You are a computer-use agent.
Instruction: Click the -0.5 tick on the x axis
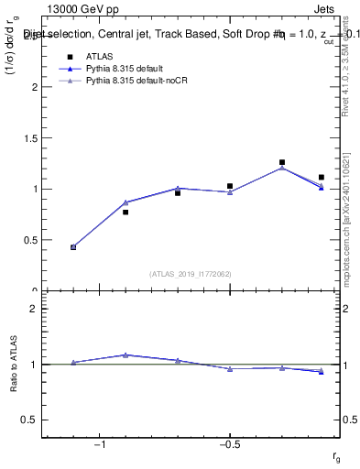(x=228, y=443)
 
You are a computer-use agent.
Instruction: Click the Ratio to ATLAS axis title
(x=15, y=364)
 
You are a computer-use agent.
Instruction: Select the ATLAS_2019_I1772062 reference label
(x=190, y=274)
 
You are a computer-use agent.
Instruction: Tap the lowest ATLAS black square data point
(x=73, y=246)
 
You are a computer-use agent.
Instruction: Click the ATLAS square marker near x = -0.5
(x=230, y=186)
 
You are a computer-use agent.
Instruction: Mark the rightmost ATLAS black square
(x=322, y=177)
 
